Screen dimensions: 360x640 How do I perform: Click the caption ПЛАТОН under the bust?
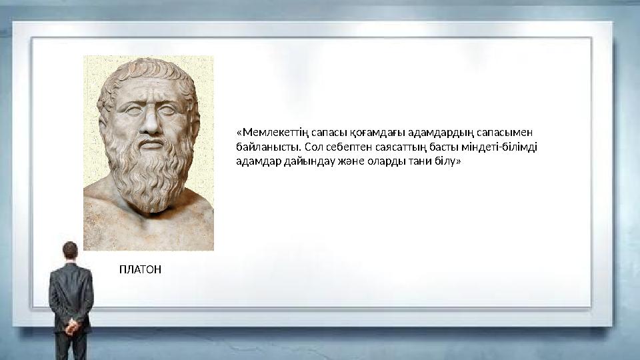(x=140, y=269)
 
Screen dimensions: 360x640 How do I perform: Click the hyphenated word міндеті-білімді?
(x=503, y=147)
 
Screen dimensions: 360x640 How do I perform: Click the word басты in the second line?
(x=443, y=147)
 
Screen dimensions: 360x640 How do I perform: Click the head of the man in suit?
(x=71, y=251)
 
